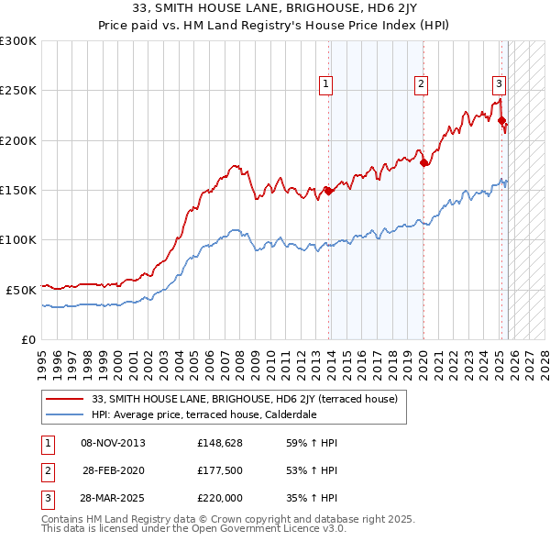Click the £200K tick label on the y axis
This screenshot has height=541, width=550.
pos(18,140)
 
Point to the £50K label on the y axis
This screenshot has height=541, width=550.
pos(21,289)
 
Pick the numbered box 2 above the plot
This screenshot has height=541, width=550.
pos(421,84)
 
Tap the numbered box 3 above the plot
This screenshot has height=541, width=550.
pos(499,84)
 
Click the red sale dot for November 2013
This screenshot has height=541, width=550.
pos(328,192)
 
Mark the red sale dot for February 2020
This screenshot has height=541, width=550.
pos(423,163)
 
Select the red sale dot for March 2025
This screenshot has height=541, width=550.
pos(502,120)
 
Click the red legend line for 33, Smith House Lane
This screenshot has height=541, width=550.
pos(66,399)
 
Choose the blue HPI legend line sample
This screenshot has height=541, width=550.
pos(66,414)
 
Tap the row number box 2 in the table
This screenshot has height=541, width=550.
pos(44,471)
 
